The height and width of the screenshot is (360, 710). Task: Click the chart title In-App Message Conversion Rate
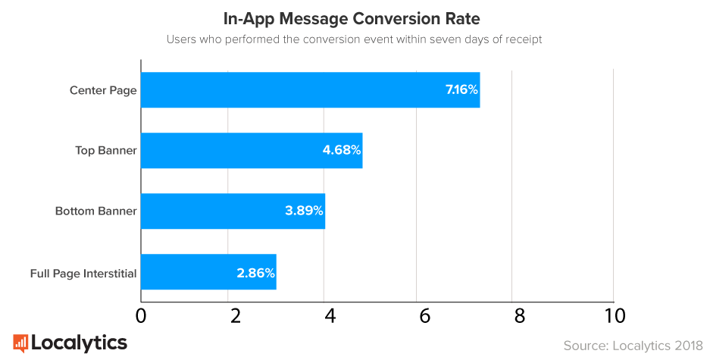tap(355, 17)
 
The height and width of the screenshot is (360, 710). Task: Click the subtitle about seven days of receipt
tap(355, 39)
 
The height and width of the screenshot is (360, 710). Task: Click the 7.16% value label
tap(461, 90)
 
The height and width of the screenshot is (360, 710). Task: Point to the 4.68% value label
tap(342, 150)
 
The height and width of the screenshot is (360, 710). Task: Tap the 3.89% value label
tap(305, 211)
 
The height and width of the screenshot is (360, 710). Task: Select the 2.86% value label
tap(255, 272)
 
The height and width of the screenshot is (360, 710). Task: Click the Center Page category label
tap(103, 90)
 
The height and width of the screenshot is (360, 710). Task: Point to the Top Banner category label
tap(106, 150)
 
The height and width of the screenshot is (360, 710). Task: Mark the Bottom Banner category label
tap(96, 211)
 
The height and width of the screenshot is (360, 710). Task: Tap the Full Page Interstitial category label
tap(83, 273)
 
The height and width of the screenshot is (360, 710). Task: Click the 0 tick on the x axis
tap(141, 315)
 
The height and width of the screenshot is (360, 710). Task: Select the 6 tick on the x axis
tap(424, 315)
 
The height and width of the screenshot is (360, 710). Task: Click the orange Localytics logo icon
tap(20, 343)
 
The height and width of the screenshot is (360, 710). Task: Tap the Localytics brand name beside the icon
tap(79, 343)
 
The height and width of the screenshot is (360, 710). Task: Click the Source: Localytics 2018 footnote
tap(633, 346)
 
